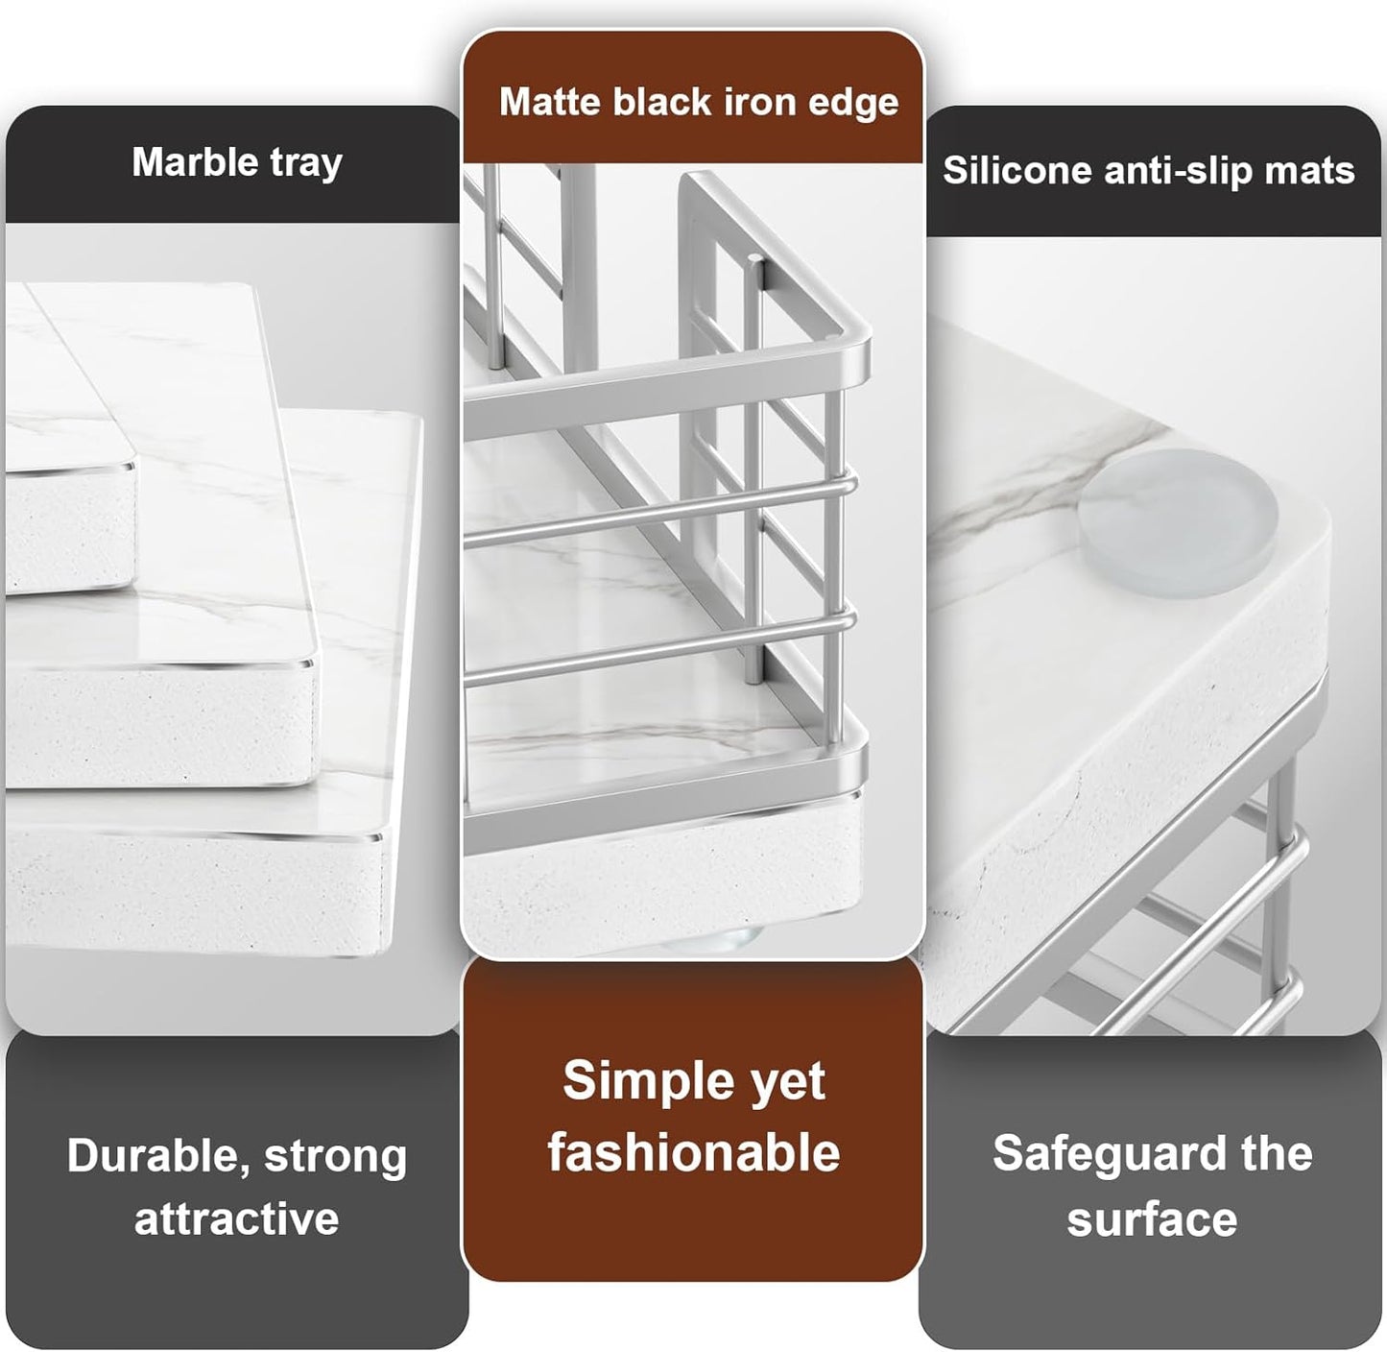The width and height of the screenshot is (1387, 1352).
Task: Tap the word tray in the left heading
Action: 305,163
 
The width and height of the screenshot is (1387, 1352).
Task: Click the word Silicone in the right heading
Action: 1016,170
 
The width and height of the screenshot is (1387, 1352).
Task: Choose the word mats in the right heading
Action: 1321,170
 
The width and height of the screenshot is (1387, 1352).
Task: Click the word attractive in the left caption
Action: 236,1219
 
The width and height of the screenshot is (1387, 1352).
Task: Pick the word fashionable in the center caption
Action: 693,1152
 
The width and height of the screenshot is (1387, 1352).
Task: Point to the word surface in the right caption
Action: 1152,1219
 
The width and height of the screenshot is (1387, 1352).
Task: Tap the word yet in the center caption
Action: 788,1083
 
